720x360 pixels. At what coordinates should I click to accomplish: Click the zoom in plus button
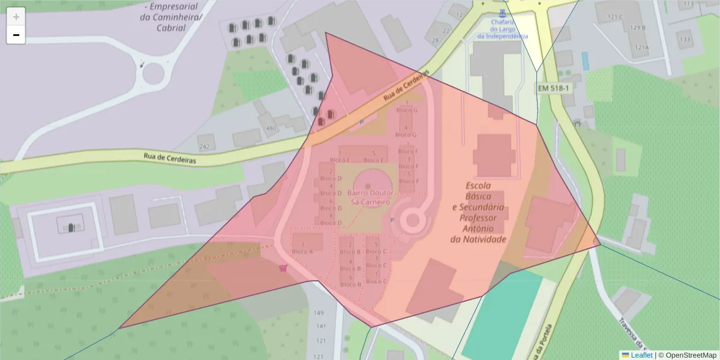(16, 17)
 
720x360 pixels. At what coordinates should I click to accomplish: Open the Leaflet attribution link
(640, 355)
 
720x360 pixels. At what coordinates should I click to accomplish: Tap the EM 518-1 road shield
(553, 88)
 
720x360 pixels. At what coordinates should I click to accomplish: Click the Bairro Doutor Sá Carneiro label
(368, 197)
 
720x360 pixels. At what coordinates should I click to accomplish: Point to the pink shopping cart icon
(283, 269)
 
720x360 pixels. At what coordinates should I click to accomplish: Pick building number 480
(271, 128)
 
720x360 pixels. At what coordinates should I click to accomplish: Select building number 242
(205, 146)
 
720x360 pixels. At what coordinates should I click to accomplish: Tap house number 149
(319, 313)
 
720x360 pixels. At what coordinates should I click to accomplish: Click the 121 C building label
(615, 17)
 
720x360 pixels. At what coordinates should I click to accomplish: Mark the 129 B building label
(638, 28)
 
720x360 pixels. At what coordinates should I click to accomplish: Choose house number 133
(684, 40)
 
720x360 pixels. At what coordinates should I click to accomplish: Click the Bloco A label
(302, 251)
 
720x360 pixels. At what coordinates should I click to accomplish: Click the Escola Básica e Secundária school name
(479, 212)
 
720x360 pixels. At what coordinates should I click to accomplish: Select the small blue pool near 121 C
(585, 60)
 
